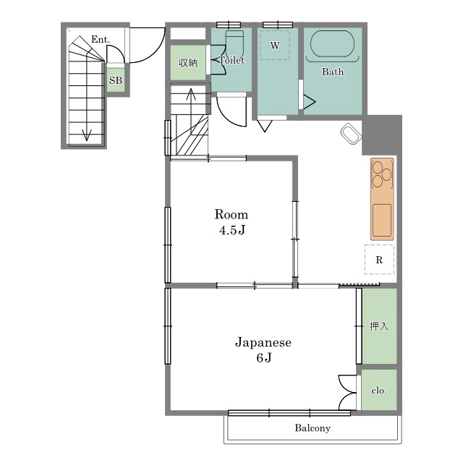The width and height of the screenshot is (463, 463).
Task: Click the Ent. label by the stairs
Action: tap(101, 39)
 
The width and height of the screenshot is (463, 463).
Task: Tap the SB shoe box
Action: tap(116, 80)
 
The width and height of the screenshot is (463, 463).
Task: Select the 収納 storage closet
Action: tap(188, 63)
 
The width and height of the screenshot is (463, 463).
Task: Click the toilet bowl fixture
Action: tap(234, 43)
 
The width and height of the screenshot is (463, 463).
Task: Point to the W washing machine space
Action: tap(275, 45)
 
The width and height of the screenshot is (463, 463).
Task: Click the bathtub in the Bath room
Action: tap(332, 43)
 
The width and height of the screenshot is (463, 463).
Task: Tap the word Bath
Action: tap(333, 72)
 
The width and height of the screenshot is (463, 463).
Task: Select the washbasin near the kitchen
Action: tap(351, 134)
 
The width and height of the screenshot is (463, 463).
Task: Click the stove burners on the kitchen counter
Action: tap(382, 174)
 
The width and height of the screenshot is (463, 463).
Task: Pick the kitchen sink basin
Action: tap(382, 220)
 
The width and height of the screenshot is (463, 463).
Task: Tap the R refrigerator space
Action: tap(379, 260)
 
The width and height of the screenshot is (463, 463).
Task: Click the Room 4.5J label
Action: tap(231, 222)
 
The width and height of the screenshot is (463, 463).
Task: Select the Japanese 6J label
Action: tap(263, 350)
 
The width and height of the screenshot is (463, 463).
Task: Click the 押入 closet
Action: tap(379, 326)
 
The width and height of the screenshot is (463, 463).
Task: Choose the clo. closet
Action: tap(379, 390)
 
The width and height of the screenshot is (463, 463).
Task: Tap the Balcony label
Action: tap(313, 428)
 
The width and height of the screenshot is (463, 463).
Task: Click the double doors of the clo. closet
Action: tap(347, 392)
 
